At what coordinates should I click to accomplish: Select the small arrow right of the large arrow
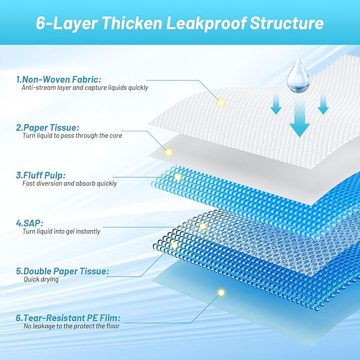(x=323, y=106)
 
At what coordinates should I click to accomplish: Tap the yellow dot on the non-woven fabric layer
(x=221, y=102)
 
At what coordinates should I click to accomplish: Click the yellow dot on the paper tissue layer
(x=169, y=152)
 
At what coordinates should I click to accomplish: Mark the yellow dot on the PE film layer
(x=221, y=292)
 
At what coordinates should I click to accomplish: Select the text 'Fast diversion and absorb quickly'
(x=69, y=184)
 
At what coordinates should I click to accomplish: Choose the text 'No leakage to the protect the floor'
(x=71, y=327)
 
